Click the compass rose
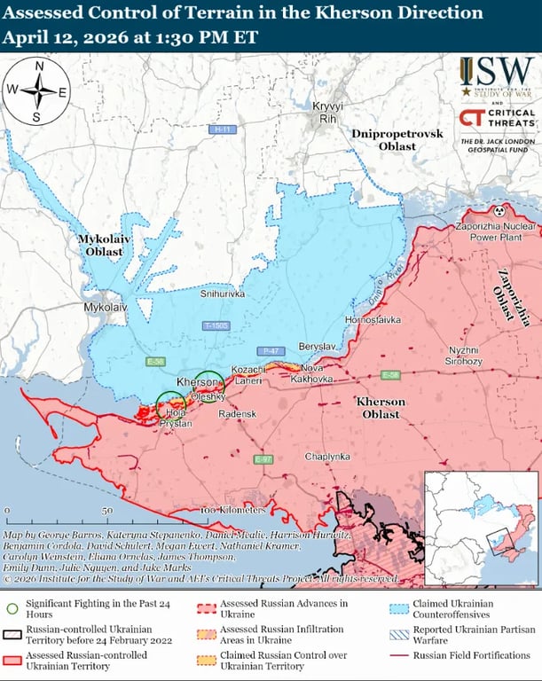pos(37,90)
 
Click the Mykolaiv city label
pos(105,307)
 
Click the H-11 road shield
pos(223,129)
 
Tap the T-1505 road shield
pos(216,326)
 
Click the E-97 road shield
pos(263,459)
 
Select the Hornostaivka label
pos(373,318)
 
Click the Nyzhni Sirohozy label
pos(463,356)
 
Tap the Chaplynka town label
pos(327,456)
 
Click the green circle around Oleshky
pos(209,385)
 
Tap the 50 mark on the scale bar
pos(106,512)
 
